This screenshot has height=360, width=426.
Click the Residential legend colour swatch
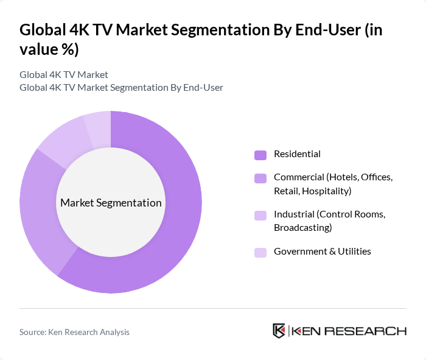[260, 155]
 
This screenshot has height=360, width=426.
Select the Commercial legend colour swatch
[260, 178]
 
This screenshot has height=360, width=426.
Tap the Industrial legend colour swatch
[260, 216]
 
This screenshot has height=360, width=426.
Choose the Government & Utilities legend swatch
[260, 252]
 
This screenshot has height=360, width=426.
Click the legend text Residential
[297, 154]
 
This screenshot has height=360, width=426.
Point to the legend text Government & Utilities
[322, 252]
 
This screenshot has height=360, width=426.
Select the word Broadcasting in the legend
[302, 228]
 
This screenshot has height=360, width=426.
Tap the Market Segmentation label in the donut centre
[111, 203]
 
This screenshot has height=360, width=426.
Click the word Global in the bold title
[41, 30]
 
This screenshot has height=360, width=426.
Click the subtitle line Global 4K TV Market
[64, 75]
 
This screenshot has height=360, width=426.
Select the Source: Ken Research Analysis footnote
[74, 332]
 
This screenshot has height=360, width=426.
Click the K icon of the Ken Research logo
[279, 331]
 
